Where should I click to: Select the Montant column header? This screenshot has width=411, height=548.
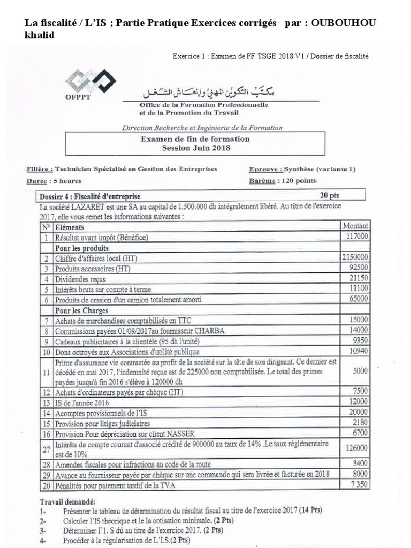coord(355,225)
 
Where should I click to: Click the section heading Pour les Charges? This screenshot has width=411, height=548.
coord(82,310)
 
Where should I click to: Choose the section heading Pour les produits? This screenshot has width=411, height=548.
coord(82,248)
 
